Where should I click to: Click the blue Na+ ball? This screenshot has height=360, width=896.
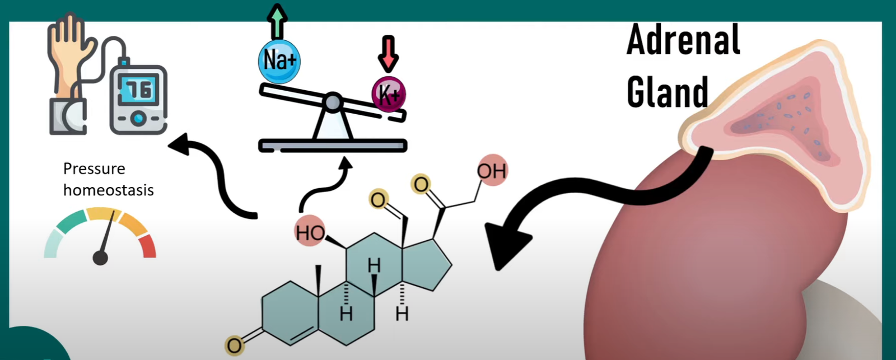[279, 61]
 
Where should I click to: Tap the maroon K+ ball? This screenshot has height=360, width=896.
[389, 94]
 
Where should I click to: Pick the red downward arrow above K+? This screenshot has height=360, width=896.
[388, 54]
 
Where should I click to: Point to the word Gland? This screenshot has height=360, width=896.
[667, 92]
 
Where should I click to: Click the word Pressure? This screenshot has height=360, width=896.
[94, 169]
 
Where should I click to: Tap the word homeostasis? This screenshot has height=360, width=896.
[108, 190]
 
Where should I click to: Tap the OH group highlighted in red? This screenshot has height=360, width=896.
[492, 170]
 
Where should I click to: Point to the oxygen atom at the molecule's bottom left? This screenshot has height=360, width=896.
[234, 345]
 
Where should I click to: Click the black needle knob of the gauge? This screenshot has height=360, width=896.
[100, 258]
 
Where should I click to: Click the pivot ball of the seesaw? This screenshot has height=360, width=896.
[333, 102]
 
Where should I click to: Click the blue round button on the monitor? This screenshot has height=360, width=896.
[138, 118]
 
